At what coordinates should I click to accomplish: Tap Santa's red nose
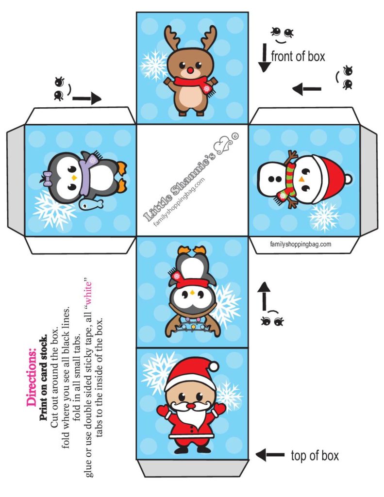tap(190, 405)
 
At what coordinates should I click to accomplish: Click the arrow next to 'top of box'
tap(270, 455)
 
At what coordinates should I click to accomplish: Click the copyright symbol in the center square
tap(235, 136)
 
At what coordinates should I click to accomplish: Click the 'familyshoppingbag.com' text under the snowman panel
tap(301, 244)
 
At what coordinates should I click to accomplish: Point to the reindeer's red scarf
tap(188, 82)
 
